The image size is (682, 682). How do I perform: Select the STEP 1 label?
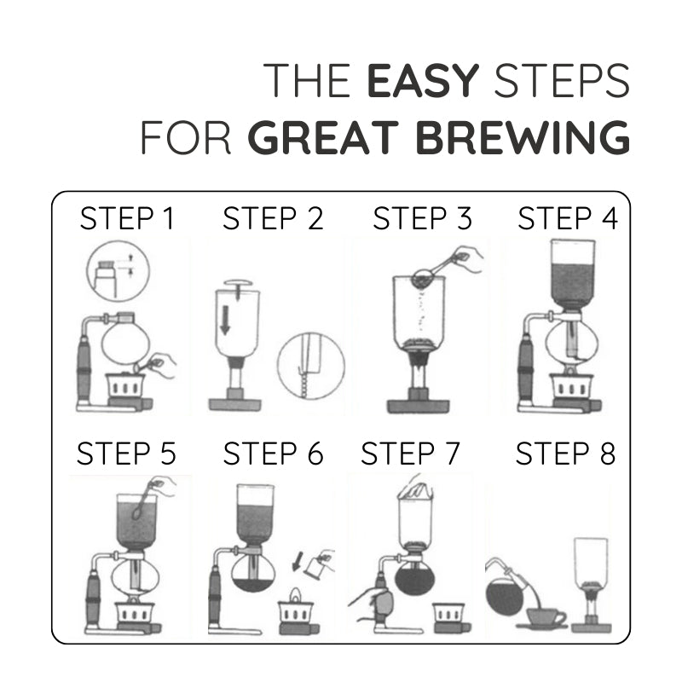pos(127,219)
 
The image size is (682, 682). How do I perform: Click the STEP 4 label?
pos(568,219)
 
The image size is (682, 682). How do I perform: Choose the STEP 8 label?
pos(565,454)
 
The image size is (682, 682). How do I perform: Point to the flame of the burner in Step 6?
pos(297,594)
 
